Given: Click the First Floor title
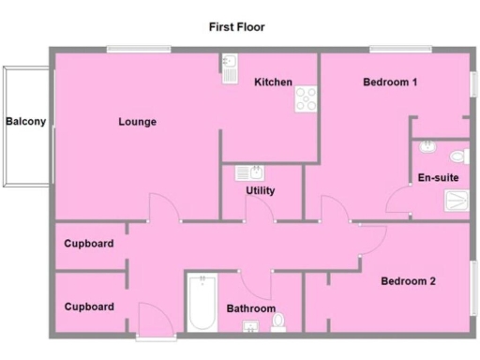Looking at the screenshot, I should coord(236,27).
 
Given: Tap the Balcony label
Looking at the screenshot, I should coord(25,121).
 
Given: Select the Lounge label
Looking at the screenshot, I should coord(137,122).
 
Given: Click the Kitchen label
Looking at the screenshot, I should coord(273,82).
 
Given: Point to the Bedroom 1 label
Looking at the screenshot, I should coord(390,82).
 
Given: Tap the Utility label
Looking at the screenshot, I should coord(260,190).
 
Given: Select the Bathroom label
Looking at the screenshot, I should coord(251,308).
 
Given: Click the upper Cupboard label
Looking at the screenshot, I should coord(89,244).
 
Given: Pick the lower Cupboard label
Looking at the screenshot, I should coord(89,307).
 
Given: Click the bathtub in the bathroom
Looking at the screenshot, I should coord(201,302).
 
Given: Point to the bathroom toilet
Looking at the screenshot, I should coord(278,323).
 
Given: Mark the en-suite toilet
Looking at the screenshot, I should coord(458,156).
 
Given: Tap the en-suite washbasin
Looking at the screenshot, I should coord(427,147).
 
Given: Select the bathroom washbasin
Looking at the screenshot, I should coord(251,326).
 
